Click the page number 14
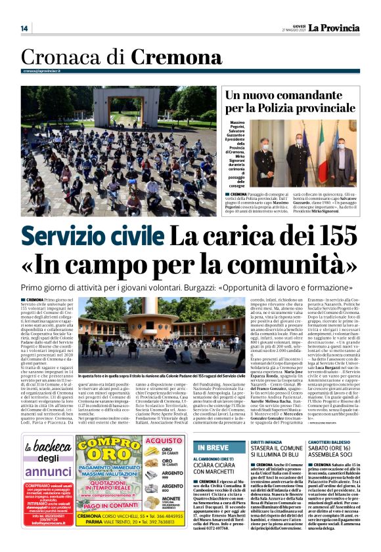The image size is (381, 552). (24, 28)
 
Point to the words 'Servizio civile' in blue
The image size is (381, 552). (93, 237)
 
